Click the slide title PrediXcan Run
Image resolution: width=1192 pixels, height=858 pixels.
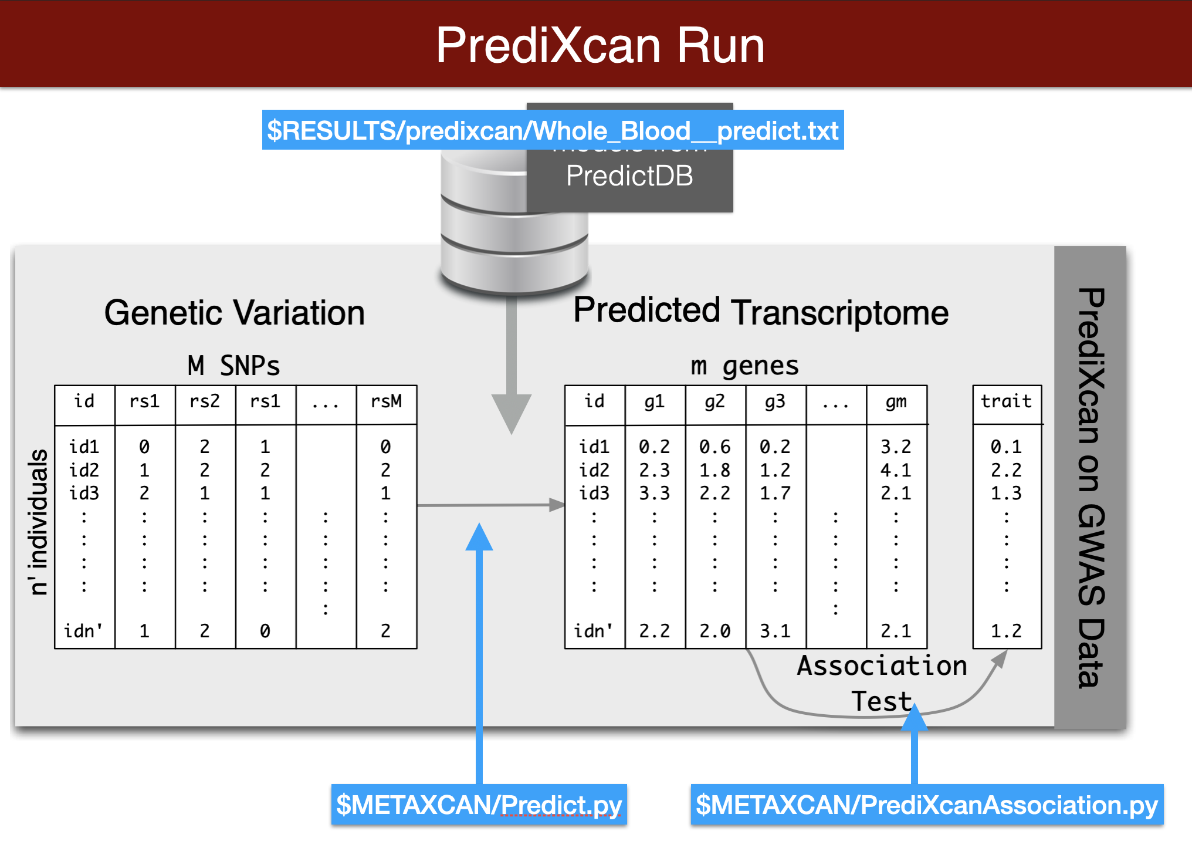pos(600,45)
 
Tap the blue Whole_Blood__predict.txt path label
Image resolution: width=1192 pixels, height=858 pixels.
pos(553,130)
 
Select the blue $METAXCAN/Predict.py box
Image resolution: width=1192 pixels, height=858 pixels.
pos(479,805)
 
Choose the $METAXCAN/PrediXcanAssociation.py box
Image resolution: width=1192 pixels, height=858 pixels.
pos(927,805)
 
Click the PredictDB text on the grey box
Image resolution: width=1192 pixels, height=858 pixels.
pos(629,176)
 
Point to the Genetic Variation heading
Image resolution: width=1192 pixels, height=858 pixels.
pos(235,312)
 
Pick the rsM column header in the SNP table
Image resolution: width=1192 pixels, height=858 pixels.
pos(386,401)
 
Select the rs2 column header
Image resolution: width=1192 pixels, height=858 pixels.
pos(204,401)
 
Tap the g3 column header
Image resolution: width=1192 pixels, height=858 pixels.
pos(775,401)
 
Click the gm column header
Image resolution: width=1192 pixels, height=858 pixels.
pos(896,401)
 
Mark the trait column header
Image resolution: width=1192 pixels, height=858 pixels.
pos(1006,401)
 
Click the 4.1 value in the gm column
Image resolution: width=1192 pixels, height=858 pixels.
pos(896,470)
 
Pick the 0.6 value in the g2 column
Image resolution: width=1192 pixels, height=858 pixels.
pos(714,447)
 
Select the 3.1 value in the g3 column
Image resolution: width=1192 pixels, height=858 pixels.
pos(775,631)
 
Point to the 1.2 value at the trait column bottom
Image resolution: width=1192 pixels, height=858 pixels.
pos(1006,631)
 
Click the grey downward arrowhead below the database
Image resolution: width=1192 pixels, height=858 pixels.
pos(512,414)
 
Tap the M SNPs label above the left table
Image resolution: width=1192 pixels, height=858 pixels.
pos(233,366)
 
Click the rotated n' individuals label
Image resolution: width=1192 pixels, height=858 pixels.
pos(39,522)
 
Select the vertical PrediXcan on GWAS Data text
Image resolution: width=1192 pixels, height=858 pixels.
pos(1091,487)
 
